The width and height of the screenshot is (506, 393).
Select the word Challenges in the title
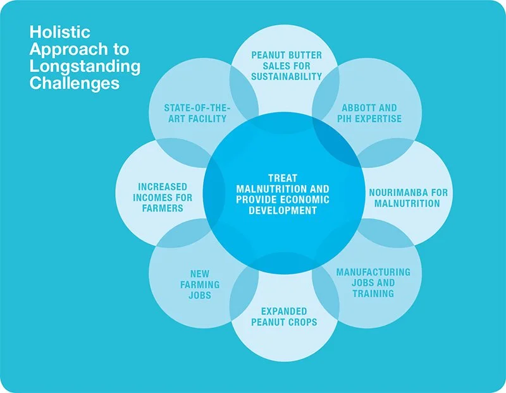tap(75, 83)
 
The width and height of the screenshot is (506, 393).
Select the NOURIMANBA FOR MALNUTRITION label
tap(405, 197)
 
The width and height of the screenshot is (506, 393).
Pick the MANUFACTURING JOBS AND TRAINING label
tap(373, 282)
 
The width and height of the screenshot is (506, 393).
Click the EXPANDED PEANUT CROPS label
tap(283, 317)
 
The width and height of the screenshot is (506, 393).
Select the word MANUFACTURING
tap(373, 272)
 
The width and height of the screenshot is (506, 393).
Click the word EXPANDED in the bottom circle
tap(283, 311)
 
